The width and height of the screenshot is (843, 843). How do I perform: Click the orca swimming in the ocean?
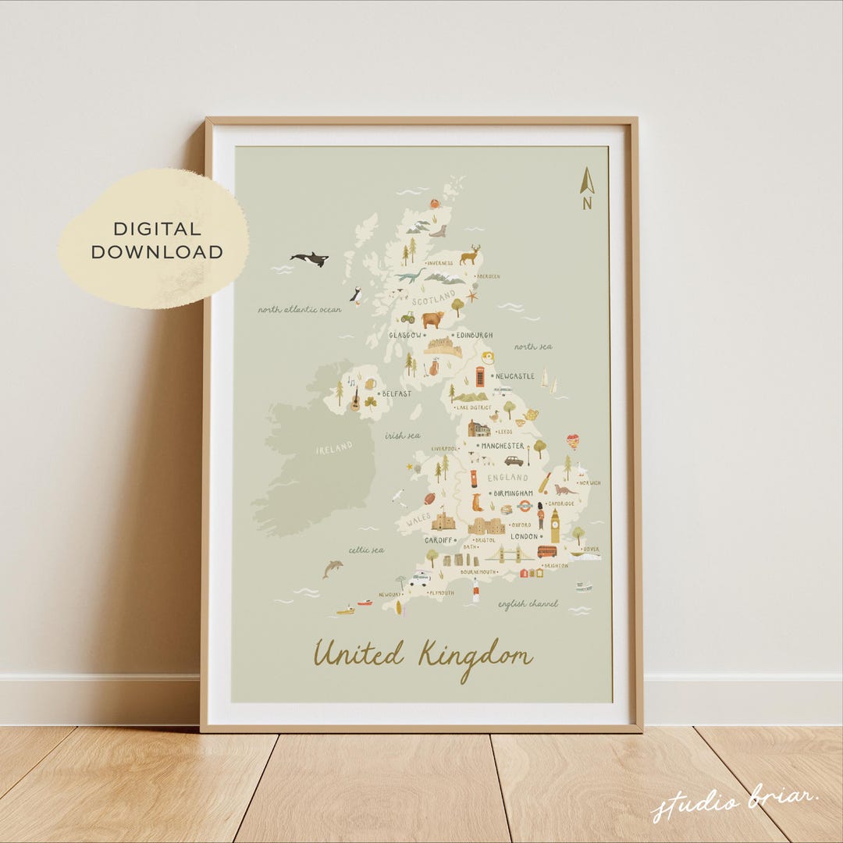[x=309, y=258]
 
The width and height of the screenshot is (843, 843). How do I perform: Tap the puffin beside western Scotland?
[x=356, y=295]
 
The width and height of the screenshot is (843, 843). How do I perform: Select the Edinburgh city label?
[x=475, y=336]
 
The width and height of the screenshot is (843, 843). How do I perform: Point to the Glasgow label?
[x=405, y=336]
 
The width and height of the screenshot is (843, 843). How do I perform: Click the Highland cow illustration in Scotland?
[x=432, y=318]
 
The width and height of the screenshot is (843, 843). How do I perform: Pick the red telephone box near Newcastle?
[x=480, y=377]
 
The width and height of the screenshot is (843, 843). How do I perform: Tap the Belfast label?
[x=397, y=394]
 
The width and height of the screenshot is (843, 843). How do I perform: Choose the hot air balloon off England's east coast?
[x=573, y=442]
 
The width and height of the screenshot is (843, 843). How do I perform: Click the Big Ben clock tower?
[x=555, y=525]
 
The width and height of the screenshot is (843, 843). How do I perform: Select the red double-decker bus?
[x=547, y=551]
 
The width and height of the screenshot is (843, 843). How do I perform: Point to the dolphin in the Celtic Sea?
[x=333, y=568]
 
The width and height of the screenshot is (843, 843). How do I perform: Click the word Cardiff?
[x=438, y=540]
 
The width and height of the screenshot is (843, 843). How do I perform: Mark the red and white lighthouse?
[x=475, y=590]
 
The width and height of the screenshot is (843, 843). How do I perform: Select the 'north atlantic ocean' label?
[x=300, y=310]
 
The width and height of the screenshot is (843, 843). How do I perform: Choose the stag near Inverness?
[x=470, y=254]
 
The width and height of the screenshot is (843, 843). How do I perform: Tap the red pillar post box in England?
[x=473, y=478]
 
